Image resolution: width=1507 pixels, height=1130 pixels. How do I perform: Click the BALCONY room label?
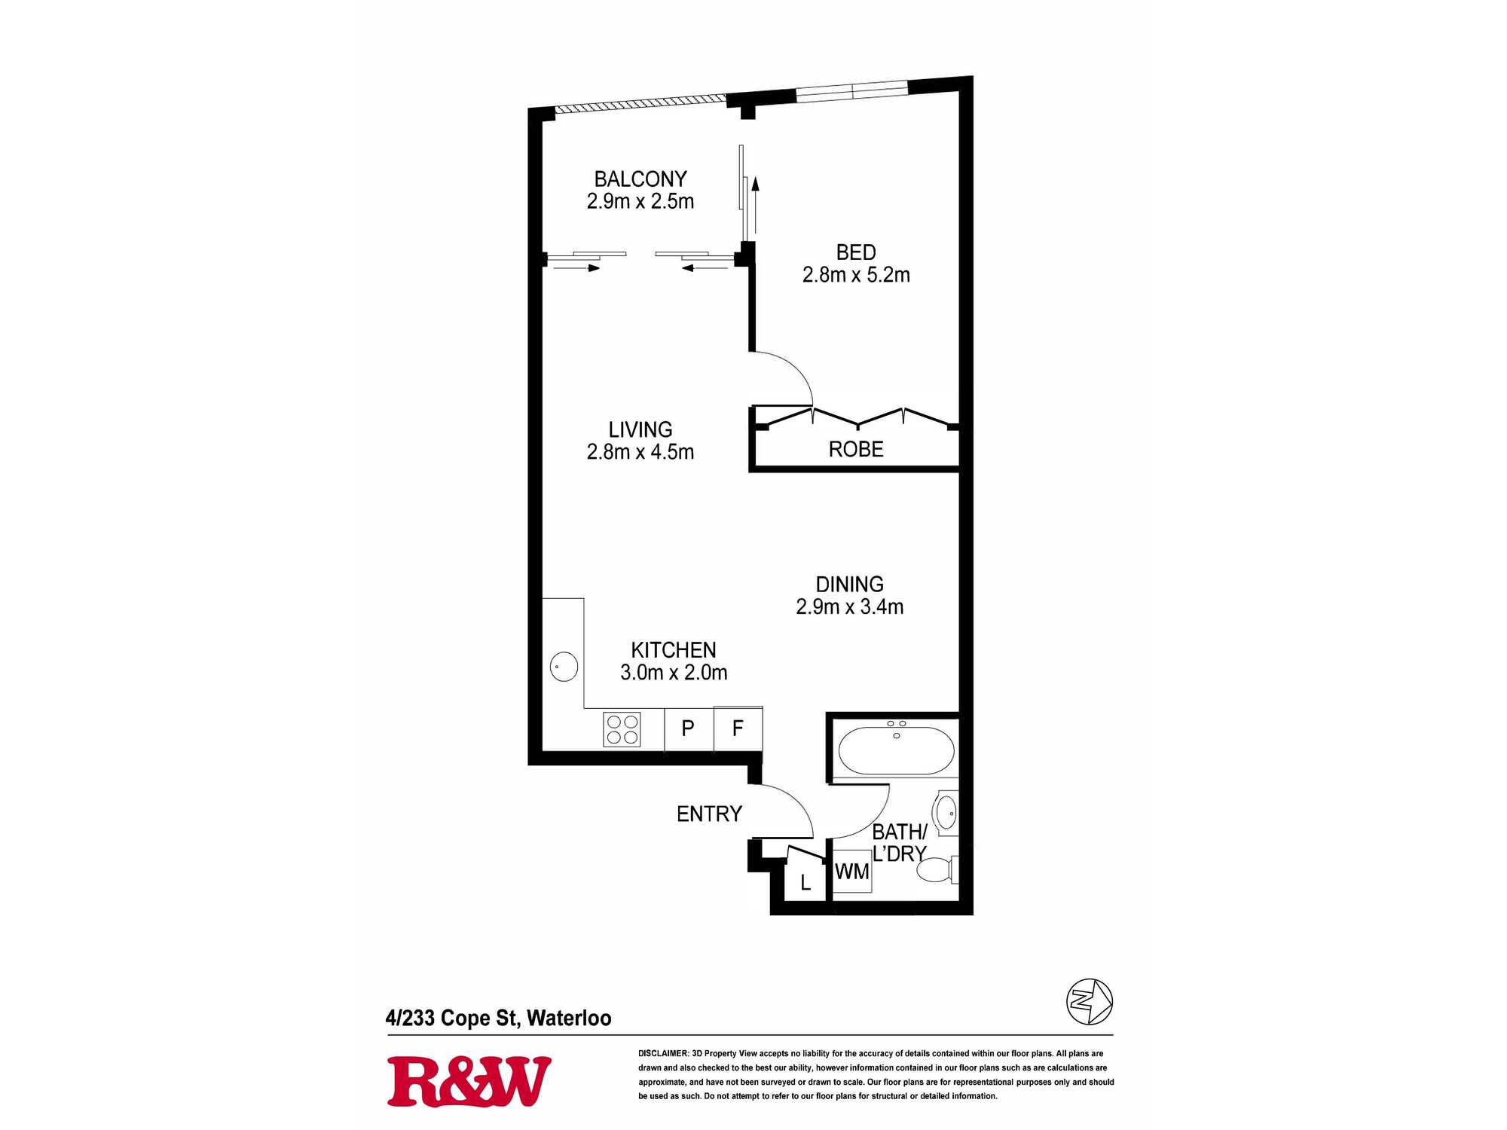640,179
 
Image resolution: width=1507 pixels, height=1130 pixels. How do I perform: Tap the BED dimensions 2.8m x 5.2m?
856,275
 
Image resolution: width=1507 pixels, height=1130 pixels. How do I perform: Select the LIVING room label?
640,429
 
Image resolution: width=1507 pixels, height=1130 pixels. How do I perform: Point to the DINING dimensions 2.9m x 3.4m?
849,606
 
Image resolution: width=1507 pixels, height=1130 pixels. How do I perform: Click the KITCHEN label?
674,649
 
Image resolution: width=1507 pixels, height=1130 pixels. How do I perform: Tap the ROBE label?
856,449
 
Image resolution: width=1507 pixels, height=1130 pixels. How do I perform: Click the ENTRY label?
709,814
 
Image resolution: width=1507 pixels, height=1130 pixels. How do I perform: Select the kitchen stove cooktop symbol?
622,729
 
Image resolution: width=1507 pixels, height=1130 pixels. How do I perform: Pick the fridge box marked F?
738,728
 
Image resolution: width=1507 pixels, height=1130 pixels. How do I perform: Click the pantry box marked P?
688,728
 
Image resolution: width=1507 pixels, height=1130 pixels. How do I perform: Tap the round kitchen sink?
564,667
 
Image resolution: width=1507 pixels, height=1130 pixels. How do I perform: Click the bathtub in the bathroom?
897,750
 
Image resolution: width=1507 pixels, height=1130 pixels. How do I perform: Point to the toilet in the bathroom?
937,870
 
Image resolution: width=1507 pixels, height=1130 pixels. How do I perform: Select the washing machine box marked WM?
851,872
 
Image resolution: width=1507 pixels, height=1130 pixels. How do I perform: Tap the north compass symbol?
1090,1001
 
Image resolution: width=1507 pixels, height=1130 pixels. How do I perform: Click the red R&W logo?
469,1082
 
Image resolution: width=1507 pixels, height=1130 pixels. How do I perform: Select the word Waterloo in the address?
569,1018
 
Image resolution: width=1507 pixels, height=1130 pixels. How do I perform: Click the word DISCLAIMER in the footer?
663,1053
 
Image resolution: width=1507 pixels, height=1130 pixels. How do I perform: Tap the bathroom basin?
946,813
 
